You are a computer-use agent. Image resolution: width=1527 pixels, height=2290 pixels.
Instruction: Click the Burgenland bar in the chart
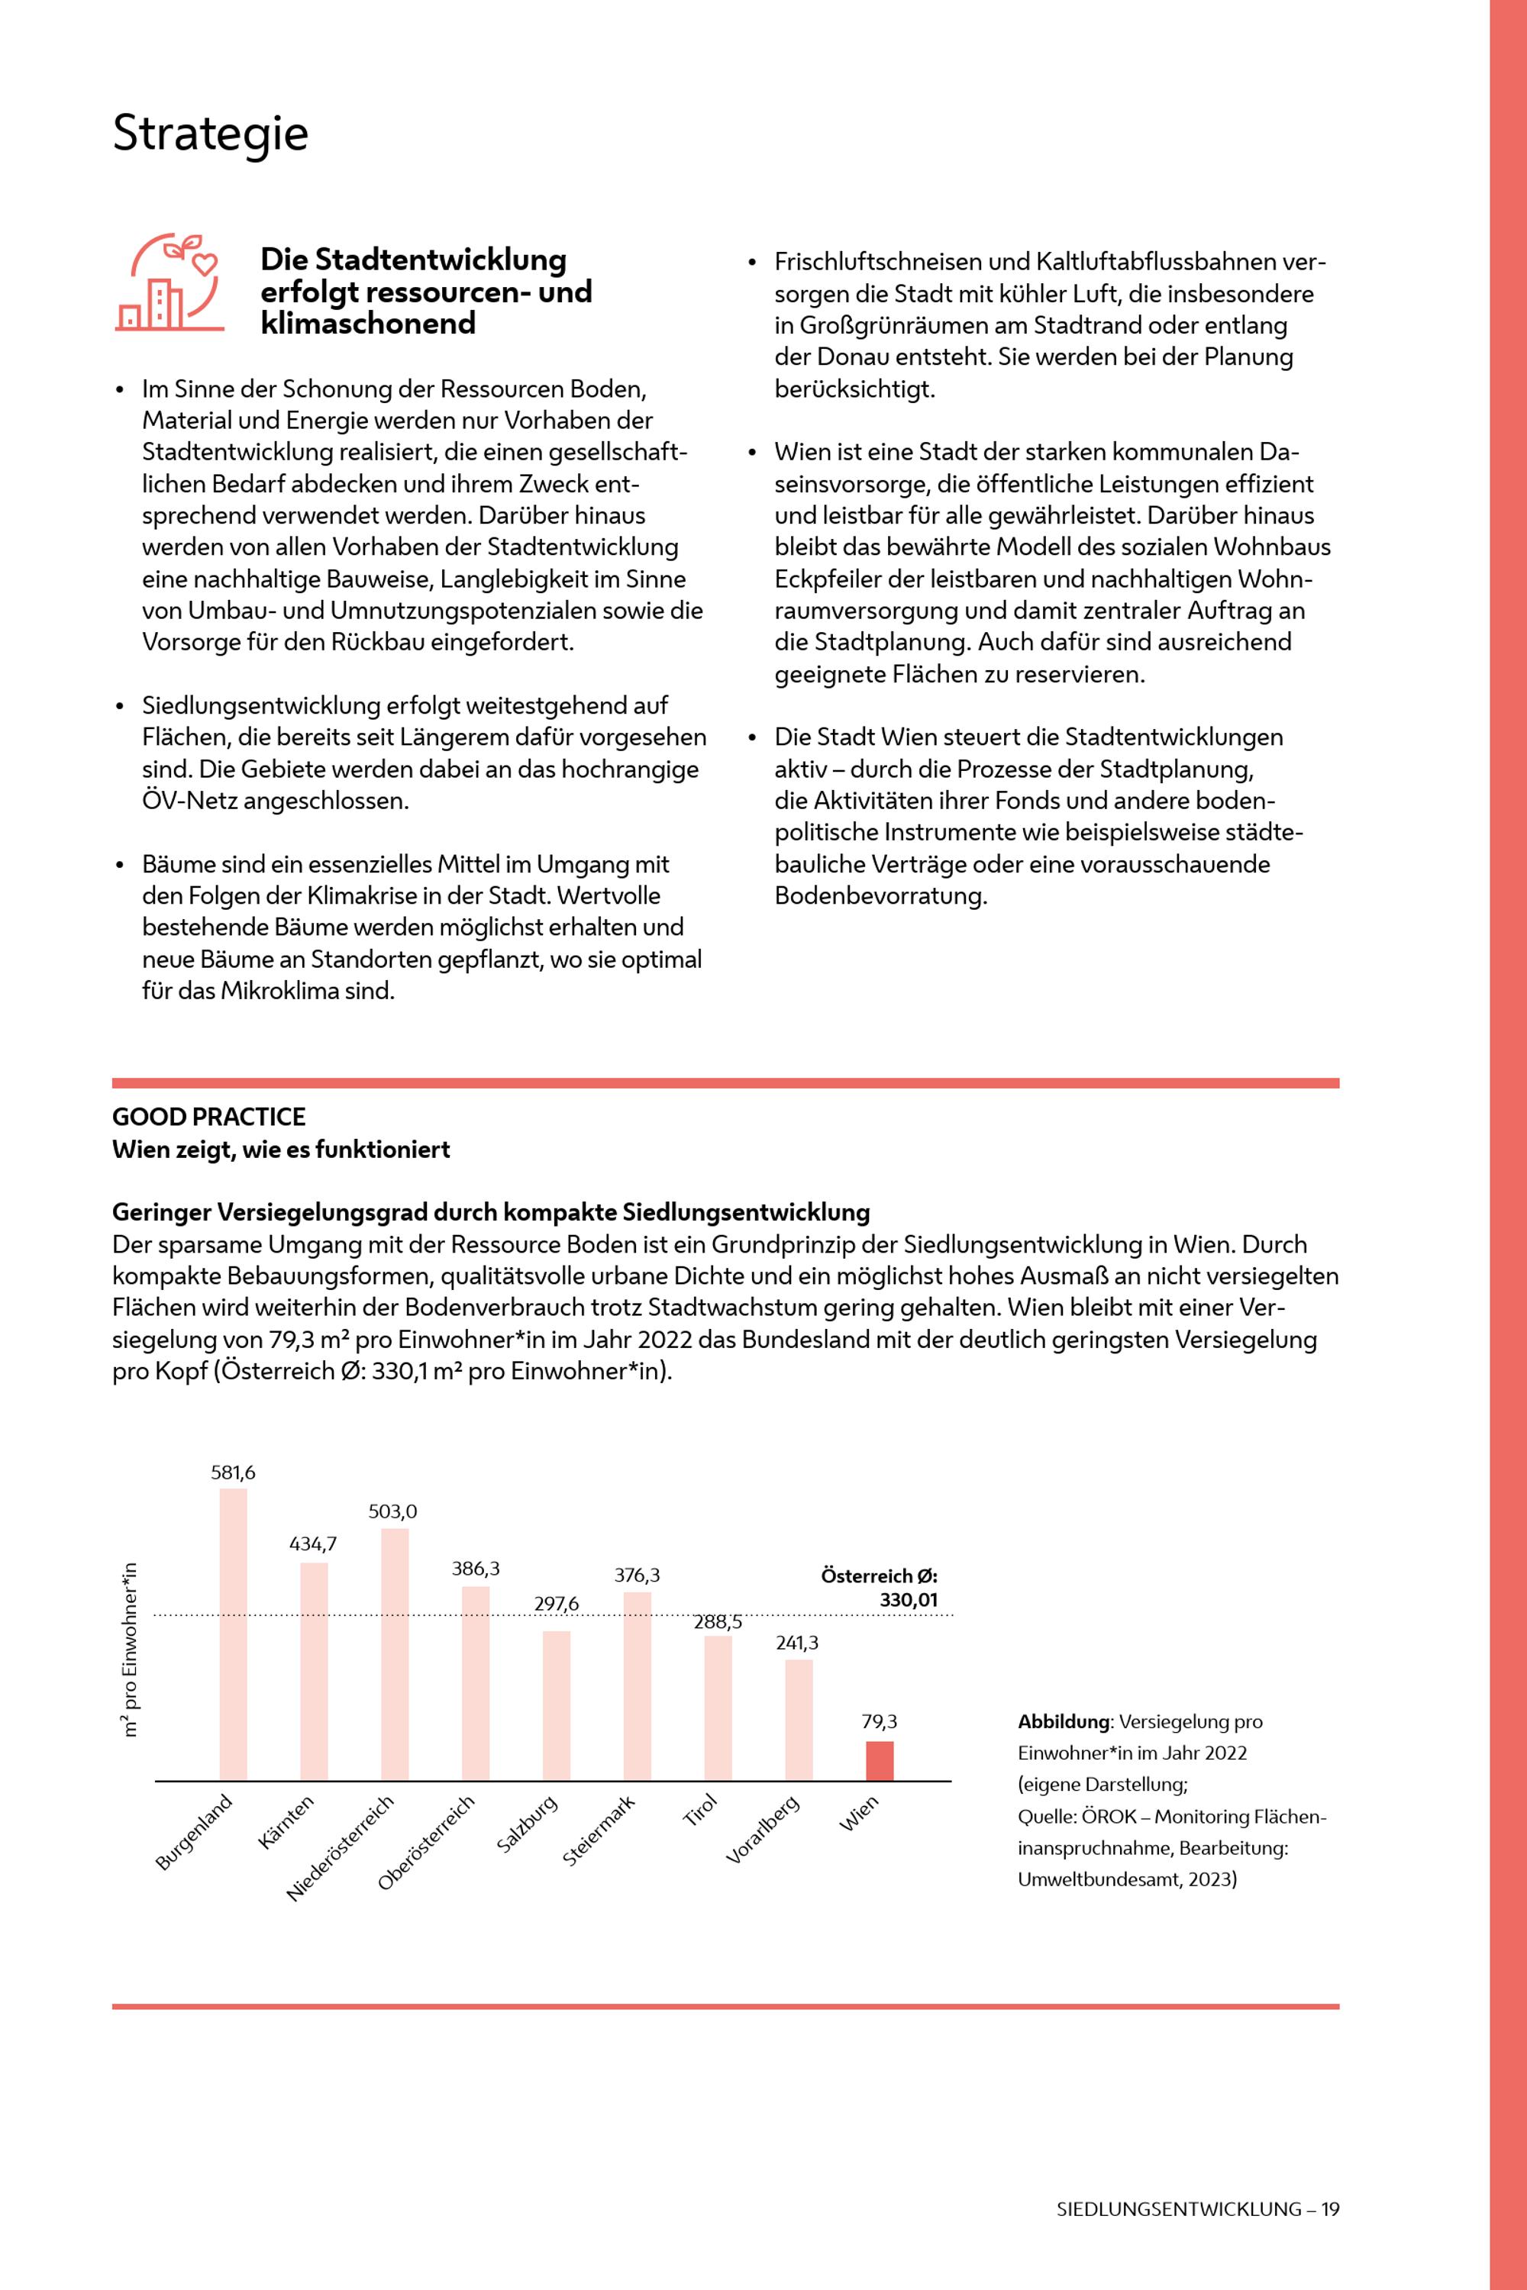click(x=233, y=1635)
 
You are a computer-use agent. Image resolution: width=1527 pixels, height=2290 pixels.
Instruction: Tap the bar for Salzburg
click(x=556, y=1706)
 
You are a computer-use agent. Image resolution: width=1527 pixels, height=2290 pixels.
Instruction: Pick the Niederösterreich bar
click(x=395, y=1654)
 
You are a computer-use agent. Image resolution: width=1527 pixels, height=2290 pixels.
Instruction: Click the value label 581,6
click(x=233, y=1473)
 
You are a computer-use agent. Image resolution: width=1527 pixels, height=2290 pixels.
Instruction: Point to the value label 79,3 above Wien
click(x=880, y=1721)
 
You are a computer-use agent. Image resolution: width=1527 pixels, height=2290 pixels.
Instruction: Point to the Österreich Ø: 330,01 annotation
click(x=880, y=1588)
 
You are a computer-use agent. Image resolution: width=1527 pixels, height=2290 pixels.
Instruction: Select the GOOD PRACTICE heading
click(x=208, y=1117)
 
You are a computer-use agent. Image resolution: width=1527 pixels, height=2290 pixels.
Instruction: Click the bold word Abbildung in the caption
click(x=1063, y=1721)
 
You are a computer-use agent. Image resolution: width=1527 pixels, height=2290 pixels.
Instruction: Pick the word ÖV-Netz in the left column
click(x=191, y=801)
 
